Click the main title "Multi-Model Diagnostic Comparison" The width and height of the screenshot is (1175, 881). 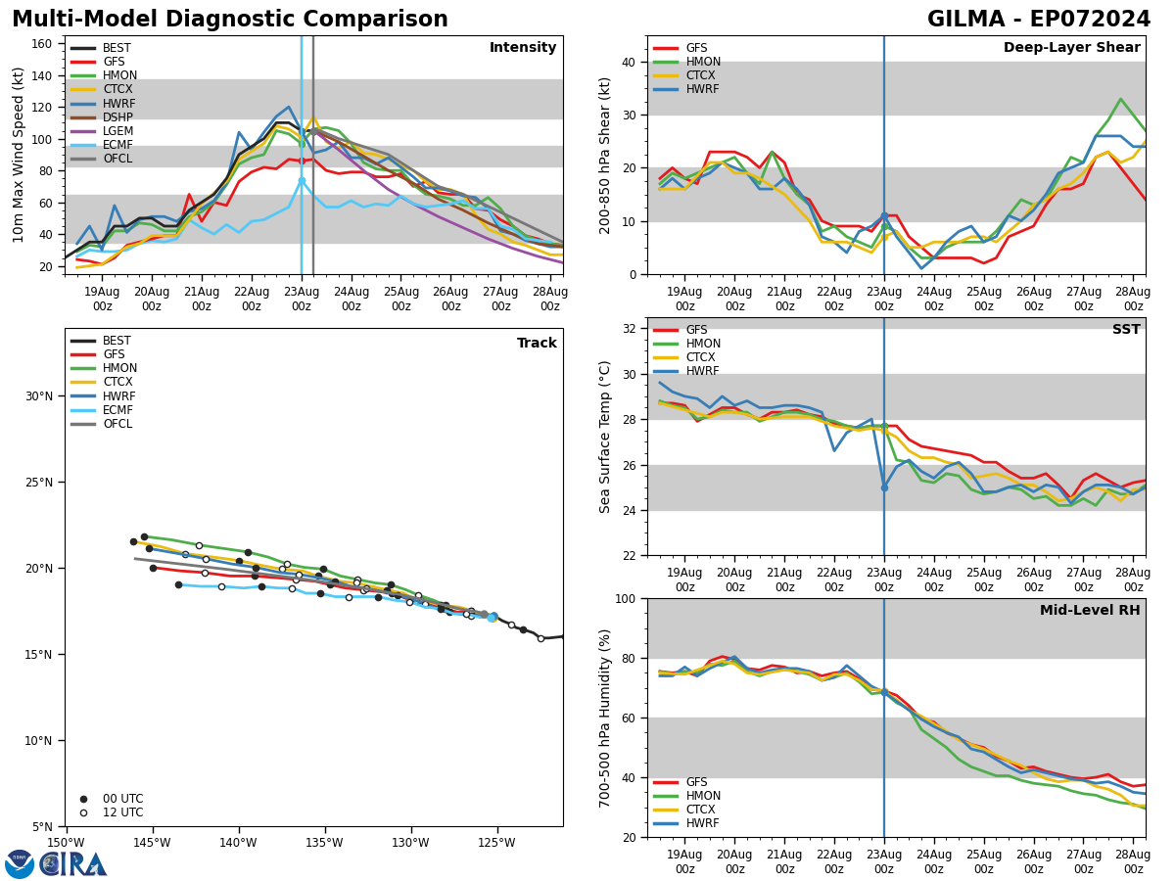pyautogui.click(x=230, y=20)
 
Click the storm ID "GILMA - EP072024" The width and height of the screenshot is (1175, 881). pyautogui.click(x=1039, y=20)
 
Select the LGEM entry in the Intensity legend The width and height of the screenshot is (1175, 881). pyautogui.click(x=118, y=131)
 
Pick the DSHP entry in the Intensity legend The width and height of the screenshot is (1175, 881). pyautogui.click(x=118, y=117)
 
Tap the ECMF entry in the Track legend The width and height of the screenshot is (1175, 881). pyautogui.click(x=118, y=410)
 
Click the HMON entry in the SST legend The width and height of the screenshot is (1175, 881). pyautogui.click(x=702, y=344)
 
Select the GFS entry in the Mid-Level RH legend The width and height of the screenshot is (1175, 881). pyautogui.click(x=696, y=782)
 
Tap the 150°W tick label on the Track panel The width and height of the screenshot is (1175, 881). pyautogui.click(x=65, y=844)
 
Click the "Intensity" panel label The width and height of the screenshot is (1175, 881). pyautogui.click(x=523, y=48)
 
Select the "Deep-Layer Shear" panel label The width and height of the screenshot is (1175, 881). pyautogui.click(x=1071, y=48)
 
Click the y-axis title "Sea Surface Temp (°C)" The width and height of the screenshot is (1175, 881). pyautogui.click(x=606, y=437)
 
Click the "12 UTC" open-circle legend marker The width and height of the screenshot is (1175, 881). pyautogui.click(x=83, y=812)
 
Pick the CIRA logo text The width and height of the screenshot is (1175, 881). pyautogui.click(x=73, y=863)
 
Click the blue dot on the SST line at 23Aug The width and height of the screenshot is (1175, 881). pyautogui.click(x=884, y=487)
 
